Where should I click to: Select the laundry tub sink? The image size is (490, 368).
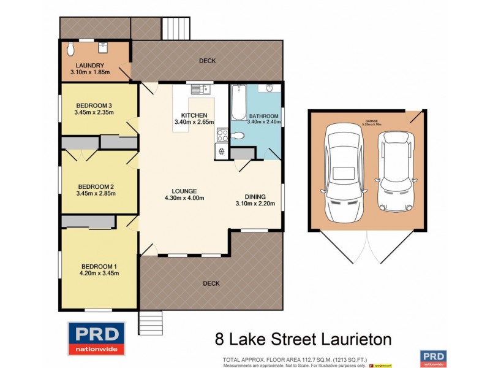click(x=103, y=46)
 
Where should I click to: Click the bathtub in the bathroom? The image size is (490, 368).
click(x=238, y=102)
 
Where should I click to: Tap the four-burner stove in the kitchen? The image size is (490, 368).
click(x=221, y=135)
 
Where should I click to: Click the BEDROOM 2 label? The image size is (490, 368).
click(x=96, y=186)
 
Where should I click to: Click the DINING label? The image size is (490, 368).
click(x=255, y=196)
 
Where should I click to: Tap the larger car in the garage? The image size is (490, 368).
click(x=344, y=174)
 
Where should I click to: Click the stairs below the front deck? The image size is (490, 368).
click(x=151, y=321)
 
